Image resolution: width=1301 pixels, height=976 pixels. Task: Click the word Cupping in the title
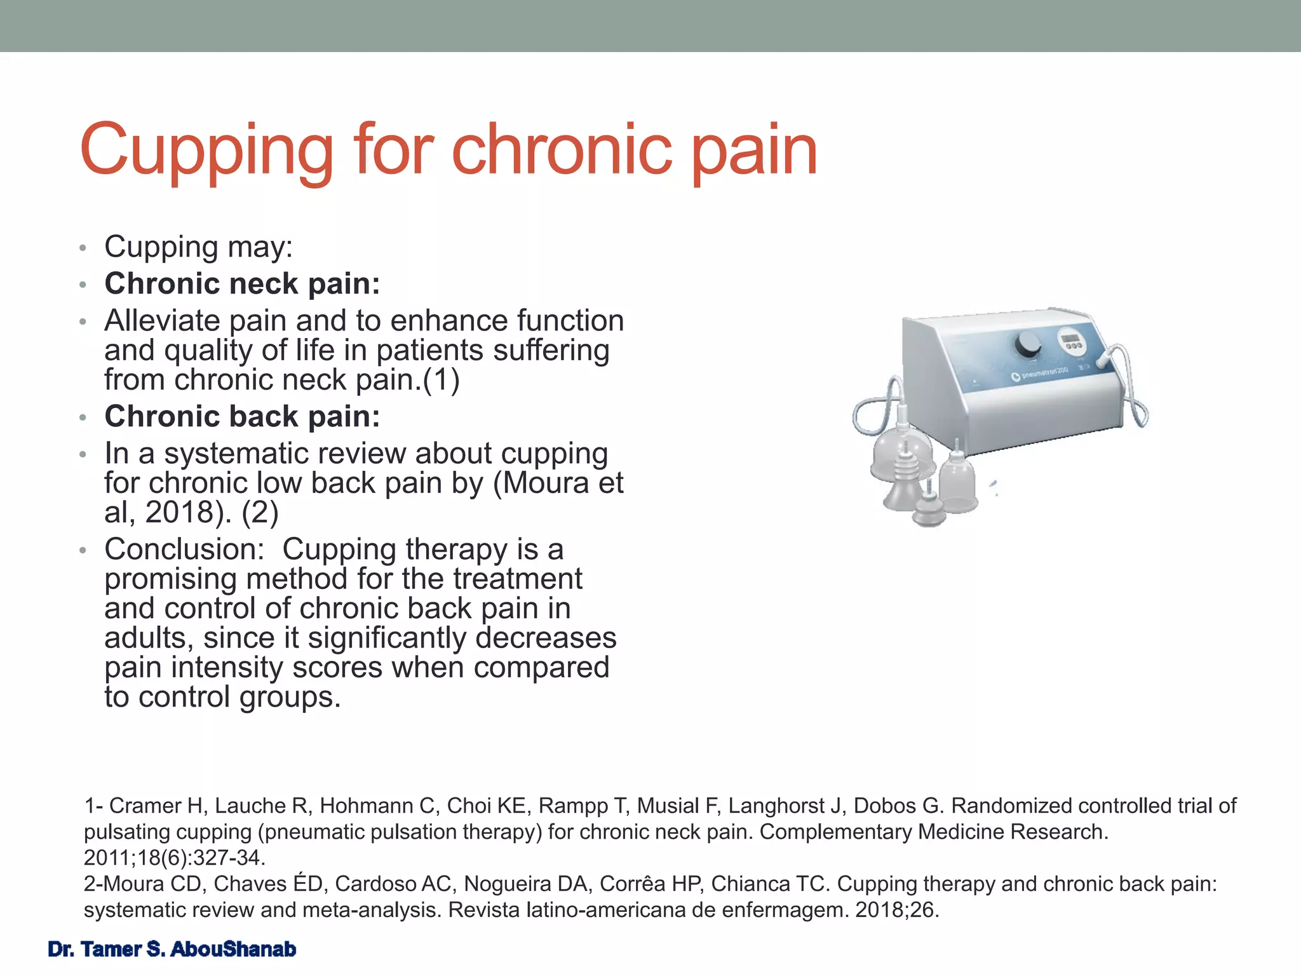pyautogui.click(x=206, y=151)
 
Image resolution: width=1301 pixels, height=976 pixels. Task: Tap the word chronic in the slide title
pyautogui.click(x=562, y=150)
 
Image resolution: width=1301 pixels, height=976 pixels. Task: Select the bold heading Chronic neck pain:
pyautogui.click(x=242, y=283)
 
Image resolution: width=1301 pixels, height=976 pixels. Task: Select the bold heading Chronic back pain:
pyautogui.click(x=242, y=417)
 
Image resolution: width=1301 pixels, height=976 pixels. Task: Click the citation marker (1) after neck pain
pyautogui.click(x=441, y=380)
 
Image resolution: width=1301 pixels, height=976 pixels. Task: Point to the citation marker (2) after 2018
pyautogui.click(x=260, y=512)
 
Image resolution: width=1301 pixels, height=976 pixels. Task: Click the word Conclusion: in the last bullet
pyautogui.click(x=184, y=549)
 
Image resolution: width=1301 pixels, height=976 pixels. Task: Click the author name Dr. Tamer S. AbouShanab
pyautogui.click(x=172, y=949)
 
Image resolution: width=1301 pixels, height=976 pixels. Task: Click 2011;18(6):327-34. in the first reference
pyautogui.click(x=175, y=858)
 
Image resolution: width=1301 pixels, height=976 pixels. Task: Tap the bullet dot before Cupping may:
pyautogui.click(x=82, y=248)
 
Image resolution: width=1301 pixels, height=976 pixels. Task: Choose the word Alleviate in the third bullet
pyautogui.click(x=162, y=321)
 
